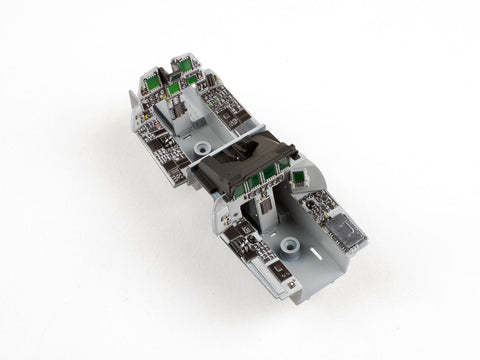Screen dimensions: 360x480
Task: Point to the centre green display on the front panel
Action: pyautogui.click(x=174, y=89)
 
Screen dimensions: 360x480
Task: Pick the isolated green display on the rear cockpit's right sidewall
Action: pyautogui.click(x=298, y=177)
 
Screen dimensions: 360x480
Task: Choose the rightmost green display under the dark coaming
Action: pyautogui.click(x=283, y=163)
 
